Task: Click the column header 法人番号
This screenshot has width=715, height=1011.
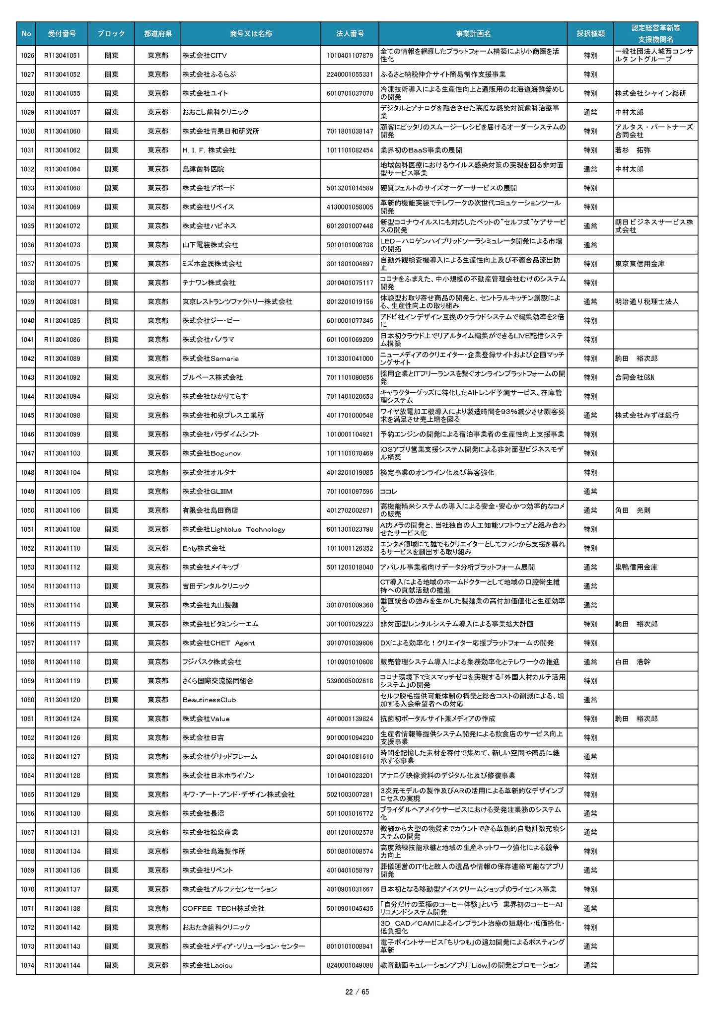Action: [x=350, y=34]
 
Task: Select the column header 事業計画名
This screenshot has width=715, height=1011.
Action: [x=473, y=34]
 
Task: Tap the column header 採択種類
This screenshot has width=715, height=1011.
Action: [x=590, y=34]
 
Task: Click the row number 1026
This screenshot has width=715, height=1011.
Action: [x=27, y=55]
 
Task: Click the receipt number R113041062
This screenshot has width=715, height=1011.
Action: [x=62, y=150]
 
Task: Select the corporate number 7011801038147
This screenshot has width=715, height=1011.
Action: [x=350, y=131]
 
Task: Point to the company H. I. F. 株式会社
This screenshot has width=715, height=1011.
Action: [x=209, y=150]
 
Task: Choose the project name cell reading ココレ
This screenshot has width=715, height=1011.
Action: [x=388, y=492]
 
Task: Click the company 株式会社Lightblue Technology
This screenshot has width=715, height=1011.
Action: [x=233, y=529]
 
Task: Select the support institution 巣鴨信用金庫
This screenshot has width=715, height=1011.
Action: [x=636, y=567]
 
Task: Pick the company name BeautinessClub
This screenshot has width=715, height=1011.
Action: [x=209, y=700]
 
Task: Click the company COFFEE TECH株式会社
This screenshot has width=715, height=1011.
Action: [x=223, y=908]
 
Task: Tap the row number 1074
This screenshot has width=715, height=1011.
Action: [x=27, y=965]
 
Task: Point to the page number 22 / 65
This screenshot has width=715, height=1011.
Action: [x=357, y=992]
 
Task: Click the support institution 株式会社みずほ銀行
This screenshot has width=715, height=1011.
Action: [x=646, y=415]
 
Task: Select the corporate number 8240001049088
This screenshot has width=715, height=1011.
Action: [x=350, y=965]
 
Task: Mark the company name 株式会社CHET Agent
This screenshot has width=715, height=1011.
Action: [x=218, y=643]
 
